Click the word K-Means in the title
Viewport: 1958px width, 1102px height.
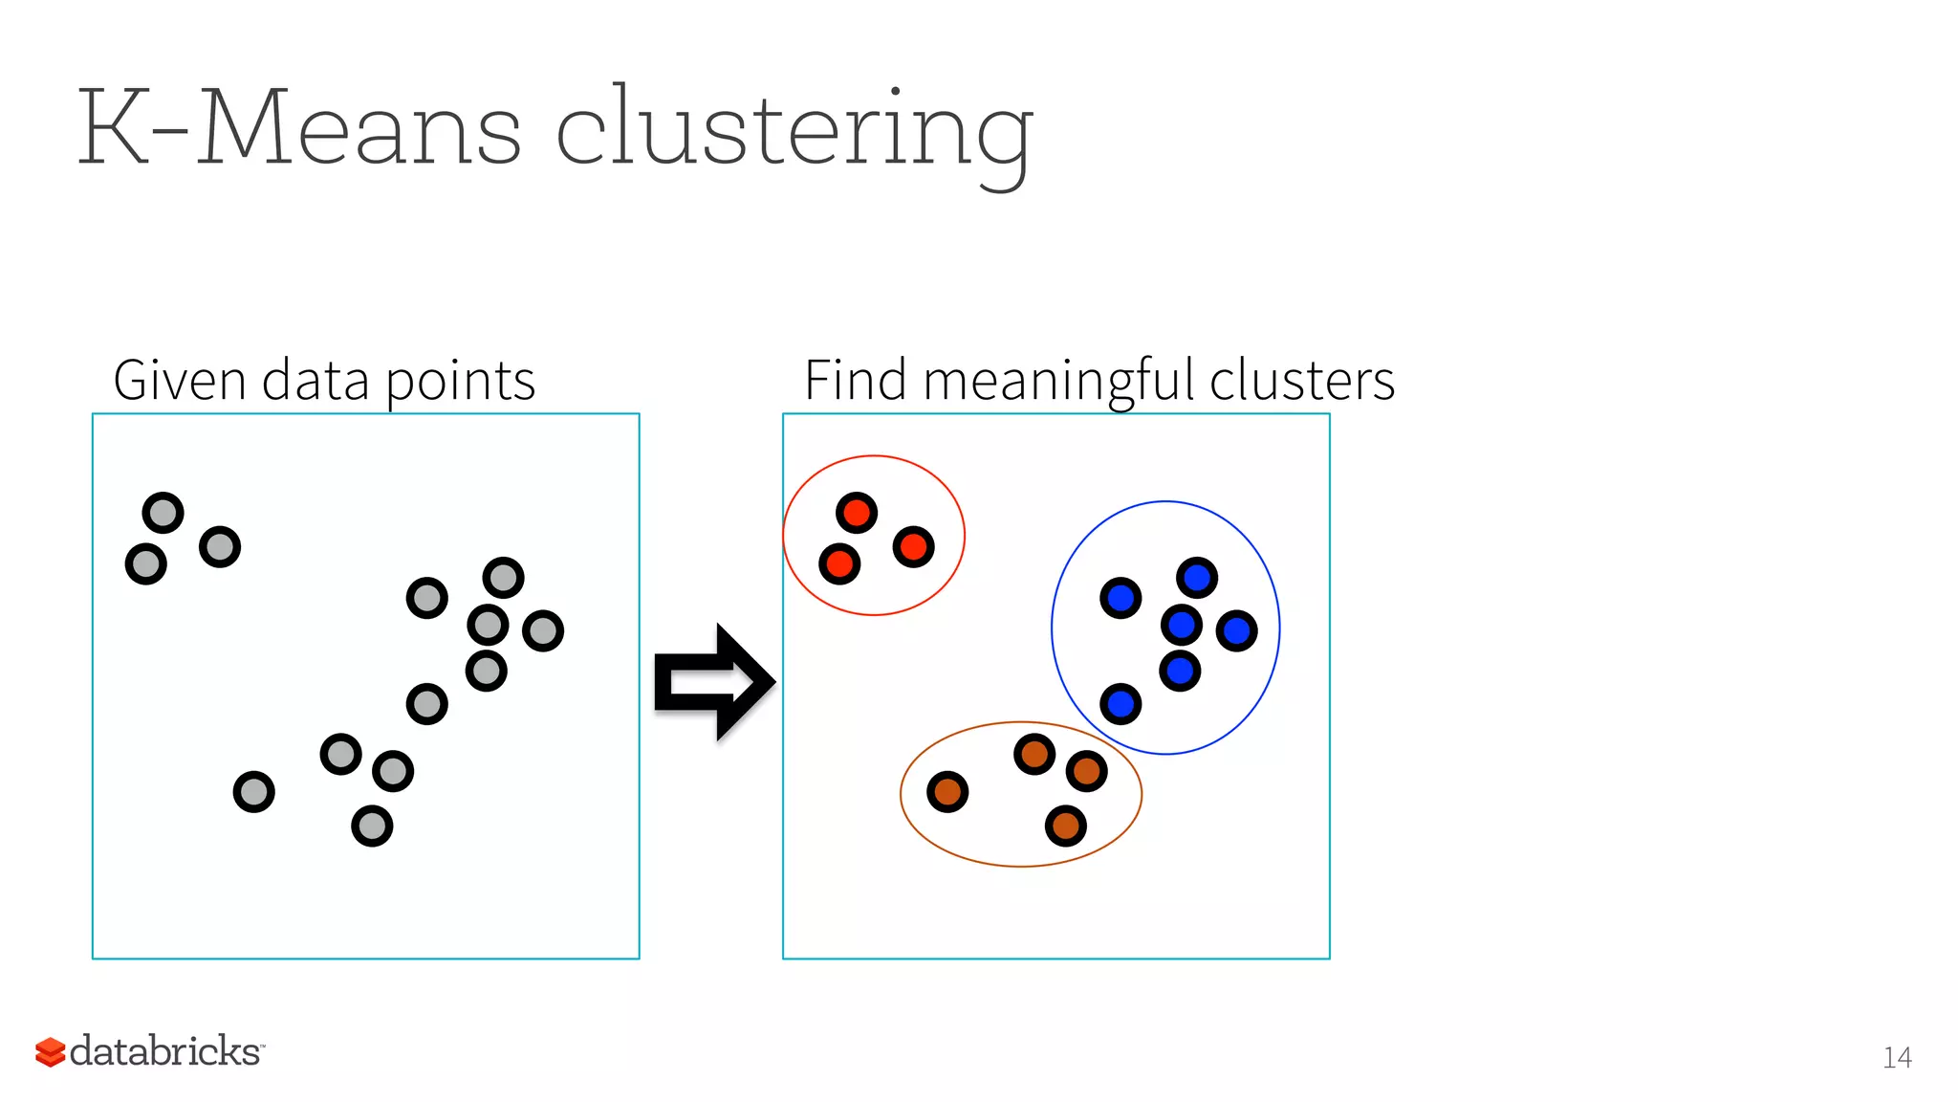(x=298, y=128)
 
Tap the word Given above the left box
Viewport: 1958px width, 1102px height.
(x=180, y=380)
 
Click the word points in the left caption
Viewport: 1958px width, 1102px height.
(x=460, y=382)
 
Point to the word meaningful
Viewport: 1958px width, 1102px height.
(x=1059, y=382)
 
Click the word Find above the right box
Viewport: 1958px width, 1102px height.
(x=855, y=380)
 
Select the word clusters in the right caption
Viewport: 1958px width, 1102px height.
(x=1301, y=380)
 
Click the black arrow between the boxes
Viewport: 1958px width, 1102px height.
(x=713, y=682)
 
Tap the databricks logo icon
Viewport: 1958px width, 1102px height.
(x=50, y=1051)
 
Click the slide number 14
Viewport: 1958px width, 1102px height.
(x=1897, y=1057)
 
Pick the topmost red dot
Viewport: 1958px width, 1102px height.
(x=857, y=513)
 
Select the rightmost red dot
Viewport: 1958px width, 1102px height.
(x=913, y=547)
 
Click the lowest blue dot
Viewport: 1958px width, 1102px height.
(x=1120, y=705)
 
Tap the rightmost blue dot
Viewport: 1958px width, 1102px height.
(x=1237, y=630)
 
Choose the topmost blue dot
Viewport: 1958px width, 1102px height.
(x=1197, y=578)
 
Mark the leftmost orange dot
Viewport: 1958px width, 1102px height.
(x=947, y=792)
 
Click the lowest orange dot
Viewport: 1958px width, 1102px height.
(x=1066, y=826)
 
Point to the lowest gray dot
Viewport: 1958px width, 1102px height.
(x=372, y=826)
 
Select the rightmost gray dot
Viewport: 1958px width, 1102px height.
(x=543, y=630)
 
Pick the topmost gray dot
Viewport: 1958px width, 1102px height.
(x=163, y=513)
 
